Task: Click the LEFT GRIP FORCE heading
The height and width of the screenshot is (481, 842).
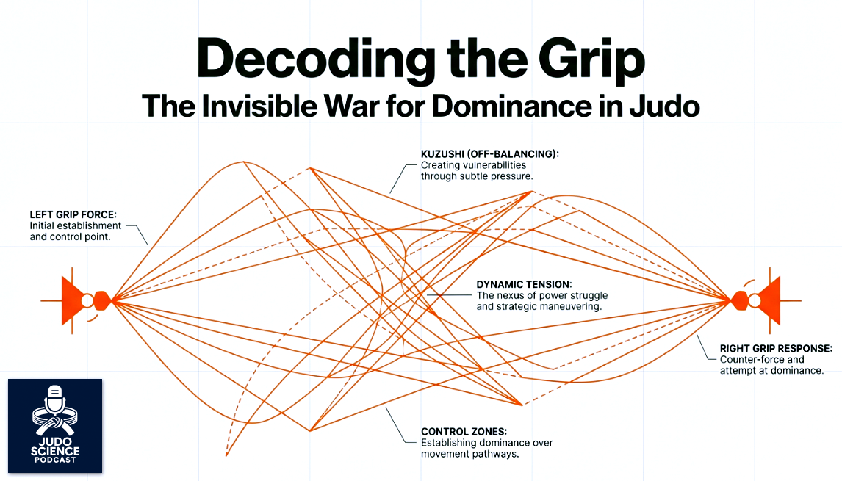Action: (73, 214)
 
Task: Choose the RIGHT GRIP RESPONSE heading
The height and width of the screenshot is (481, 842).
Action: (776, 348)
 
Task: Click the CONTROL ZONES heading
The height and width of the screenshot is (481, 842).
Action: (464, 432)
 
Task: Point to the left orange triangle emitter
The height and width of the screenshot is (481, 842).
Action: (71, 300)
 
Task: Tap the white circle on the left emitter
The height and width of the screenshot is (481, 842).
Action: (87, 300)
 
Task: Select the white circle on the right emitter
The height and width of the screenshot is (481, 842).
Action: (754, 300)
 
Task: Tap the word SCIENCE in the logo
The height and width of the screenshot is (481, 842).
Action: (55, 449)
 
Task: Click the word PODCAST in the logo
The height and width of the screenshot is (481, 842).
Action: (55, 460)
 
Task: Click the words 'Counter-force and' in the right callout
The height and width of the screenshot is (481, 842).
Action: (762, 360)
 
